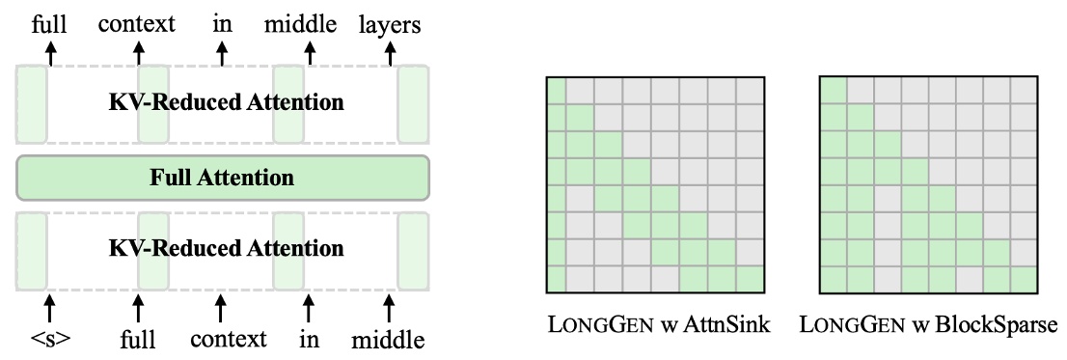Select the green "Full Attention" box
222,177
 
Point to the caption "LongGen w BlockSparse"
930,324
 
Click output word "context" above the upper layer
137,23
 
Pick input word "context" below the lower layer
228,340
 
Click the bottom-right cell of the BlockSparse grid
1025,281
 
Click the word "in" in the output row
223,23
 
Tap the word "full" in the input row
138,340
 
